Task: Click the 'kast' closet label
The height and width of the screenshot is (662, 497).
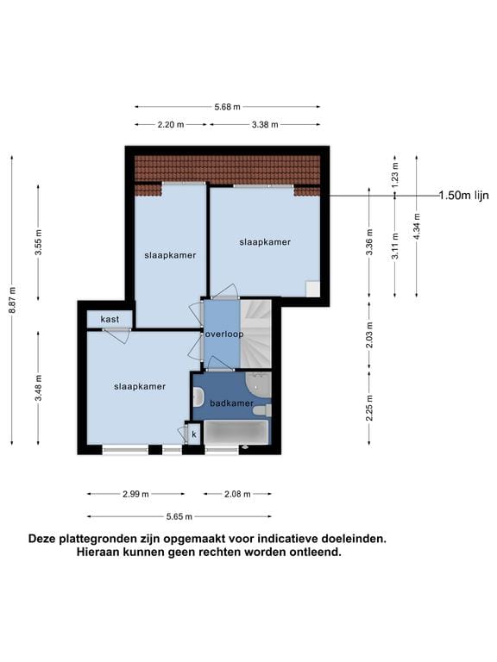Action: (110, 320)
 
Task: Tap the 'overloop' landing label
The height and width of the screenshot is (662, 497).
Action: (224, 334)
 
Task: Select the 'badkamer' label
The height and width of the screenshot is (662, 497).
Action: (231, 403)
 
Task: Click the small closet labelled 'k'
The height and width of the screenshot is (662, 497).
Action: (194, 434)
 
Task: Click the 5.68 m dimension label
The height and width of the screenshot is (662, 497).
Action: (228, 107)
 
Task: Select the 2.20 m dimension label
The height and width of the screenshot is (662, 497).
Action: (171, 125)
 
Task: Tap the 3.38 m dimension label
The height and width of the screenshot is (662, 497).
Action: (264, 125)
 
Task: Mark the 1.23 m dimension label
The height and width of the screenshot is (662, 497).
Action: (395, 174)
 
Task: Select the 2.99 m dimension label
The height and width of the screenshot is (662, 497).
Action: (135, 494)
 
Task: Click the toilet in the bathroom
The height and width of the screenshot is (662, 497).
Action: (198, 397)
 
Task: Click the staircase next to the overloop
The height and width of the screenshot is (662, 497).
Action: (255, 332)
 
